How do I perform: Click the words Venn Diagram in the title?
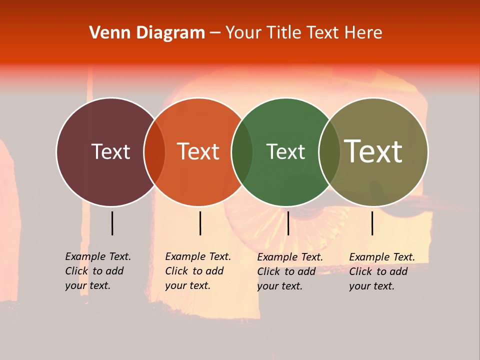tap(147, 33)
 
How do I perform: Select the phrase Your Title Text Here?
tap(303, 33)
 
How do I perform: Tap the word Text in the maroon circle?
tap(110, 151)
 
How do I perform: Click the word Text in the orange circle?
tap(198, 151)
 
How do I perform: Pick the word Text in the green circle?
tap(285, 151)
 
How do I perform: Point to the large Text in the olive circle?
tap(373, 151)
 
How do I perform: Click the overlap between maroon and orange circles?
tap(154, 151)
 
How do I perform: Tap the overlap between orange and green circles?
tap(242, 151)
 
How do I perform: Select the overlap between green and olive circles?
tap(329, 151)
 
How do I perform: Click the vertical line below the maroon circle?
tap(112, 223)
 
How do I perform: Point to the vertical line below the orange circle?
tap(200, 223)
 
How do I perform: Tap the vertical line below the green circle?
tap(288, 223)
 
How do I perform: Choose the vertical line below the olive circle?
tap(372, 223)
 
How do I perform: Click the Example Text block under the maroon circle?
tap(97, 271)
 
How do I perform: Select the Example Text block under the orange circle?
tap(197, 271)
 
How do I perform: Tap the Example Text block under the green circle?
tap(289, 271)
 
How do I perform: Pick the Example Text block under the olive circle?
tap(381, 271)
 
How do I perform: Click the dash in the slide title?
tap(215, 33)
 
